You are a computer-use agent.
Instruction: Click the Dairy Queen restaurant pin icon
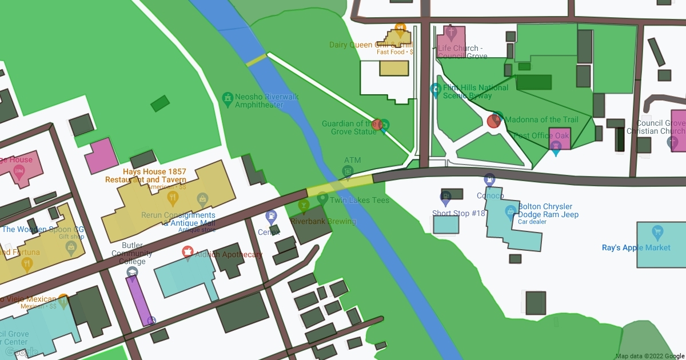click(x=400, y=27)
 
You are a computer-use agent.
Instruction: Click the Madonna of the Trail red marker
click(x=494, y=121)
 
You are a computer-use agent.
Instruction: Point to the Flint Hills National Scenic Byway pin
click(x=436, y=90)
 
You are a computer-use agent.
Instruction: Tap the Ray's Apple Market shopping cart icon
click(x=657, y=233)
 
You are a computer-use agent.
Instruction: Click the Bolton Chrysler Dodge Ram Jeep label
click(x=548, y=211)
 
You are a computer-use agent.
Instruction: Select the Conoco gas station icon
click(x=489, y=179)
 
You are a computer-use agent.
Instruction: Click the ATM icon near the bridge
click(x=347, y=171)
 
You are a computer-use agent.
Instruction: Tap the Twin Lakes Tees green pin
click(x=322, y=199)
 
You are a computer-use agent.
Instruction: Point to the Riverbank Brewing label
click(x=323, y=221)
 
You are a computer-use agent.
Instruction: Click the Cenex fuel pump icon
click(x=271, y=217)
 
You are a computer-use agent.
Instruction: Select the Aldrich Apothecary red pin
click(x=187, y=251)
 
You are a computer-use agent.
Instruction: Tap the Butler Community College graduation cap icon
click(x=132, y=273)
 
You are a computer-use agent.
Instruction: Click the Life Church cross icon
click(x=449, y=32)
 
